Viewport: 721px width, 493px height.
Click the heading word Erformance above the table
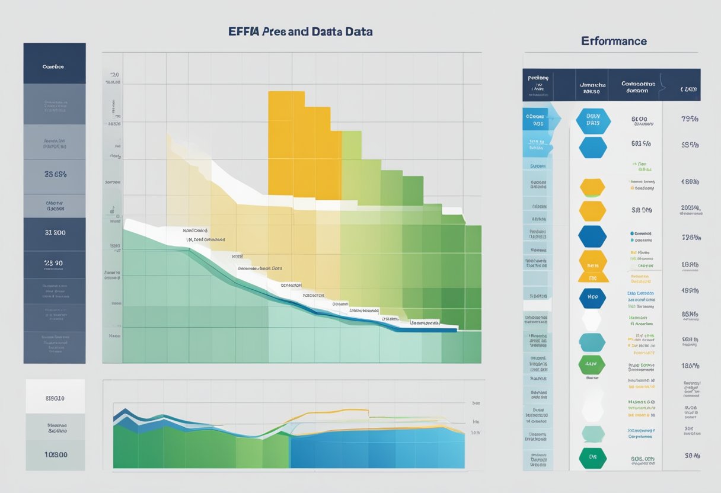pos(614,41)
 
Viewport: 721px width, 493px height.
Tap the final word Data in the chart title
pos(357,31)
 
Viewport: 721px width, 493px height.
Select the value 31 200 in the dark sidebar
pos(55,233)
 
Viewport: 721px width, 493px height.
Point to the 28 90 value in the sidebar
pos(55,262)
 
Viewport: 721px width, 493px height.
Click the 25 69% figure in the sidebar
pos(55,175)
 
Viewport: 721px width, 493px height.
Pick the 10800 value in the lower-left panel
pos(56,455)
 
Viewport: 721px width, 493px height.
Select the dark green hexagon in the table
pos(592,457)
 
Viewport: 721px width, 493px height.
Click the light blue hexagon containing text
pos(592,120)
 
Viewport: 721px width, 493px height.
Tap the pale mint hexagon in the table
pos(592,433)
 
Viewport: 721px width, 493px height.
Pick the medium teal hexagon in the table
pos(592,342)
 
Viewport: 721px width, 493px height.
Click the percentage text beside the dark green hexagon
pos(642,458)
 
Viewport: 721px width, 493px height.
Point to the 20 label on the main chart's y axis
pos(114,75)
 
